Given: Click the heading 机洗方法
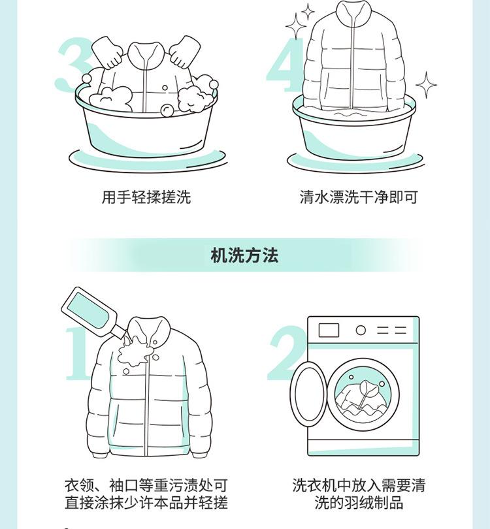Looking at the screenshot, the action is (x=244, y=255).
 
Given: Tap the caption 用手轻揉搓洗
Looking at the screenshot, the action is (x=146, y=197).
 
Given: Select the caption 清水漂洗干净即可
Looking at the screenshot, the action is (x=359, y=197).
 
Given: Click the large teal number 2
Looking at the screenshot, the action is (x=287, y=353).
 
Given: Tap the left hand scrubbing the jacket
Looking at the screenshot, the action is (x=107, y=53).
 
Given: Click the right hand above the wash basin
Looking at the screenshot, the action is (x=185, y=52).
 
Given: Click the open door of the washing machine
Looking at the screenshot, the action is (x=308, y=393).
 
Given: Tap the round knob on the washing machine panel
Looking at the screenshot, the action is (x=361, y=330).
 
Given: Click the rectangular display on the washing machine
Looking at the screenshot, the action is (x=329, y=330).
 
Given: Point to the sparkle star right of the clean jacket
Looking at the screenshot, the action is (x=426, y=85).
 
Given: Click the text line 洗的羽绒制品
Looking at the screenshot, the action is (x=359, y=502).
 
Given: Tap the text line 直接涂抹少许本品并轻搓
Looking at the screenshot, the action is (x=146, y=502).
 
